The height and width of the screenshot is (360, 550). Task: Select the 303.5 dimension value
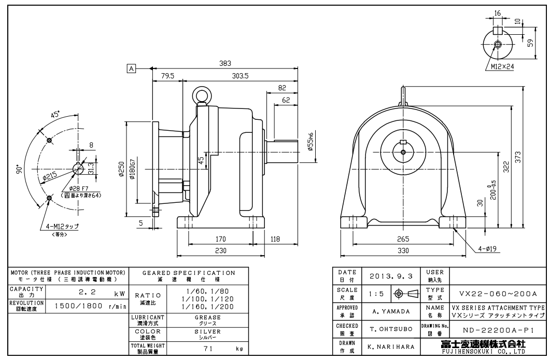pyautogui.click(x=240, y=76)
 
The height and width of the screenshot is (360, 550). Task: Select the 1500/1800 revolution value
pyautogui.click(x=78, y=306)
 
